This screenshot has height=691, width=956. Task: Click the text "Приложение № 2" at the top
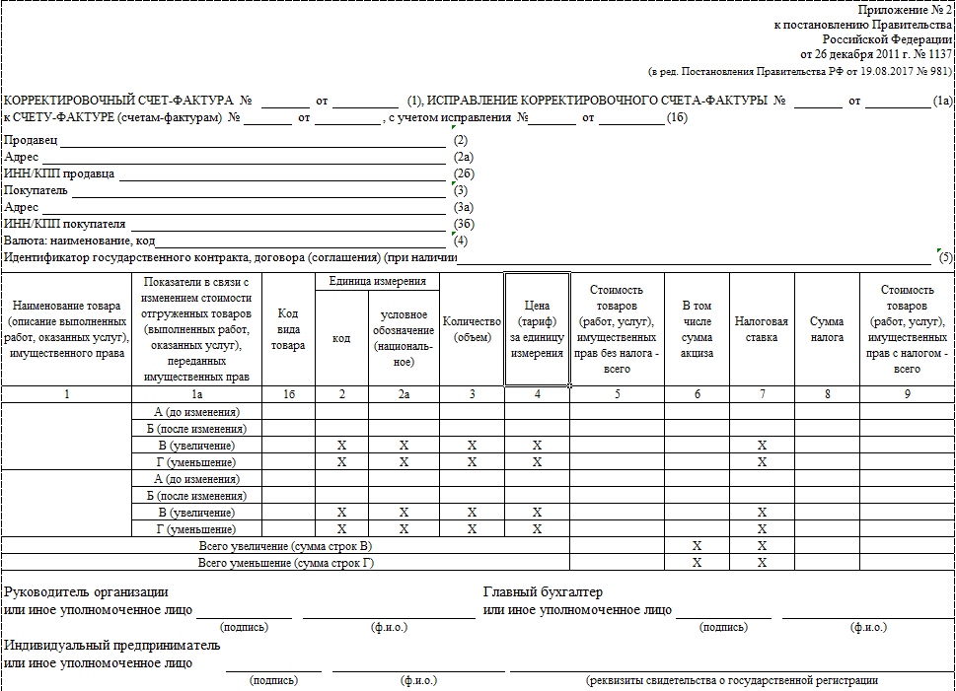907,9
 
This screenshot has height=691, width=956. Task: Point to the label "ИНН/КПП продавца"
59,173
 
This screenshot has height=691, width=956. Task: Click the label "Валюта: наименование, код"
80,241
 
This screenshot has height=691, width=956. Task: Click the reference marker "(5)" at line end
945,258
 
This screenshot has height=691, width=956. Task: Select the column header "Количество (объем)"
473,329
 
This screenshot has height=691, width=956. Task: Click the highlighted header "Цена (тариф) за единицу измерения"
537,329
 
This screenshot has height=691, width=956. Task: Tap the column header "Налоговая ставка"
762,329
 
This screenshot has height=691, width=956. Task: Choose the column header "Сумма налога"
827,329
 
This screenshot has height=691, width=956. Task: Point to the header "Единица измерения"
377,282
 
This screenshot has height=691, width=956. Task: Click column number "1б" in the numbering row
288,394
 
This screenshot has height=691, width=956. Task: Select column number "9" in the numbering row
907,394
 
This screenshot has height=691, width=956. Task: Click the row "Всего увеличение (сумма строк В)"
286,546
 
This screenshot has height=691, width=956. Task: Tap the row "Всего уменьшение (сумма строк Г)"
286,563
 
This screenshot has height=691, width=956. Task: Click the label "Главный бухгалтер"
543,592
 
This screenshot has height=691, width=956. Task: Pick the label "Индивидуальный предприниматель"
112,646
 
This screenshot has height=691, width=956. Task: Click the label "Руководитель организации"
86,592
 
